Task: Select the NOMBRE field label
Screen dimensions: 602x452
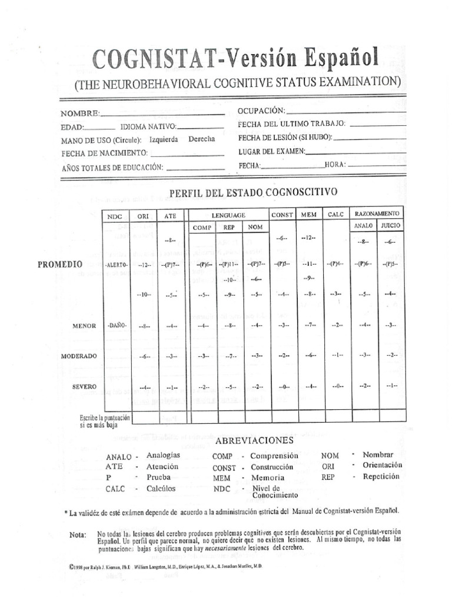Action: coord(80,113)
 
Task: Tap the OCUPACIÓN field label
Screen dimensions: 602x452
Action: coord(261,111)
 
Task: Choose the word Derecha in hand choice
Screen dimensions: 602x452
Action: coord(201,139)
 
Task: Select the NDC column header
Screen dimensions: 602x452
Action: coord(115,216)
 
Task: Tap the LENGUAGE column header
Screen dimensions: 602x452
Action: coord(228,216)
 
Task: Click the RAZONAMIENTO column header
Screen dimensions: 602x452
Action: coord(377,212)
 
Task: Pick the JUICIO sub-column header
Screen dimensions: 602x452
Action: coord(390,225)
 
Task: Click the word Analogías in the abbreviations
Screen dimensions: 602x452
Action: coord(163,456)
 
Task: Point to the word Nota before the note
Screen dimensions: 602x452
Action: coord(77,534)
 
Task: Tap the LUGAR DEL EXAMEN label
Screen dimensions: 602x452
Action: coord(271,152)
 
